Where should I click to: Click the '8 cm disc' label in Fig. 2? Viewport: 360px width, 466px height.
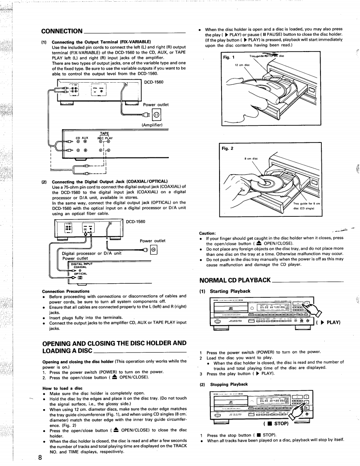253,158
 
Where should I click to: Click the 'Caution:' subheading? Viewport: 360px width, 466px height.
207,233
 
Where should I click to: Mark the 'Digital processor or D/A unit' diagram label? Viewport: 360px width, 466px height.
91,253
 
